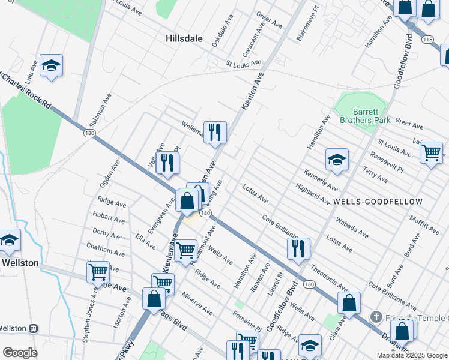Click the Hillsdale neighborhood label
[184, 38]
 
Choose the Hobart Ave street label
[109, 217]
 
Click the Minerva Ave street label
[197, 304]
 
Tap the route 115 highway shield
[427, 39]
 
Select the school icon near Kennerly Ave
[337, 160]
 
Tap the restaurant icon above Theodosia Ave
[298, 248]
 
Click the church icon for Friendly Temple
[376, 317]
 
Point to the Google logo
[20, 353]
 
